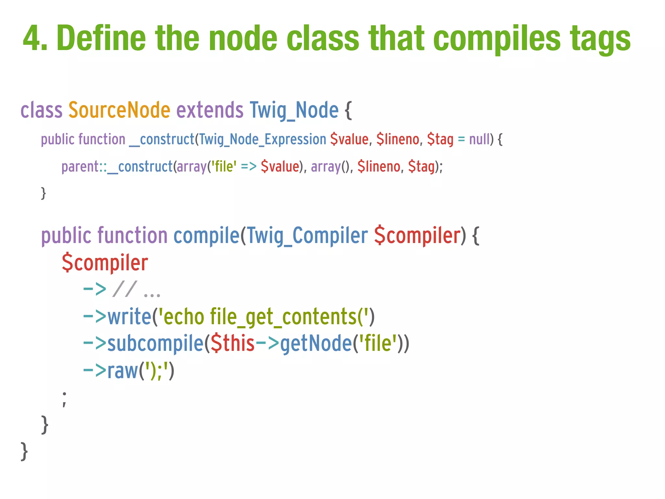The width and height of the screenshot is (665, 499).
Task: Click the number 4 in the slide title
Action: [x=34, y=38]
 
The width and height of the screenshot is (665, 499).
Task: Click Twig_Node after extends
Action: [x=294, y=110]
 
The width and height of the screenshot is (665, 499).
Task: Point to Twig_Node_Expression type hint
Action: [x=262, y=139]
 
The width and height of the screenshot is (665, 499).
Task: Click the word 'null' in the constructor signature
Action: [x=479, y=139]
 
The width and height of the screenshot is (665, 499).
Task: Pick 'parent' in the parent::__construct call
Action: [x=80, y=167]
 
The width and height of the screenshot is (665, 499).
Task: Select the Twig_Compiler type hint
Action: [x=307, y=236]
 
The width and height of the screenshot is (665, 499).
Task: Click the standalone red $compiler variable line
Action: [x=105, y=262]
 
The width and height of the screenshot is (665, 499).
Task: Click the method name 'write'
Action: [x=129, y=316]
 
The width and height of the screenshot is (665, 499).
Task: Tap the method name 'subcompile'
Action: [x=155, y=343]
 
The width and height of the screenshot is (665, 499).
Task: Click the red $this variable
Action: [x=232, y=343]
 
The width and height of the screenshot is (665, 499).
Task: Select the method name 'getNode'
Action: [x=316, y=343]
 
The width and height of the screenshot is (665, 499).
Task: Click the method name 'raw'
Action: [x=122, y=370]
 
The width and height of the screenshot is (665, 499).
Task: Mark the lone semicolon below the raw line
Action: [x=64, y=399]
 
